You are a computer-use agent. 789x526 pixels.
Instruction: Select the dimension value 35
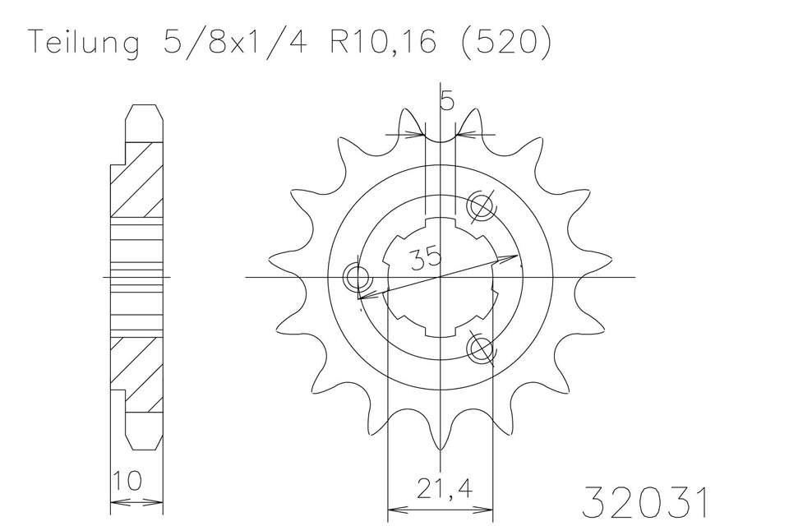tap(426, 257)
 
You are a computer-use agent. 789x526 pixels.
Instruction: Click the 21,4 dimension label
tap(440, 491)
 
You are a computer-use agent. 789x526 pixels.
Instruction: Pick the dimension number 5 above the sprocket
tap(446, 100)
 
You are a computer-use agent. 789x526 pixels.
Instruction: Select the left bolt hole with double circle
tap(359, 278)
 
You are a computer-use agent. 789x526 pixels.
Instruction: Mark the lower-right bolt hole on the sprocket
tap(481, 349)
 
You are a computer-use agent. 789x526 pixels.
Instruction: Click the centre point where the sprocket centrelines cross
tap(440, 278)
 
